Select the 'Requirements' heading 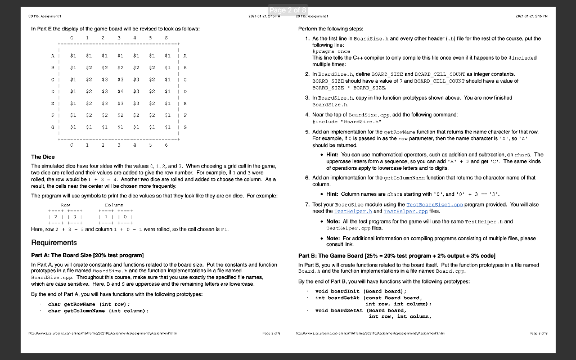54,242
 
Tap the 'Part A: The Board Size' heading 82,256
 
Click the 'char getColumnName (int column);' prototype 98,310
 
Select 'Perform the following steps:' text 332,28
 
